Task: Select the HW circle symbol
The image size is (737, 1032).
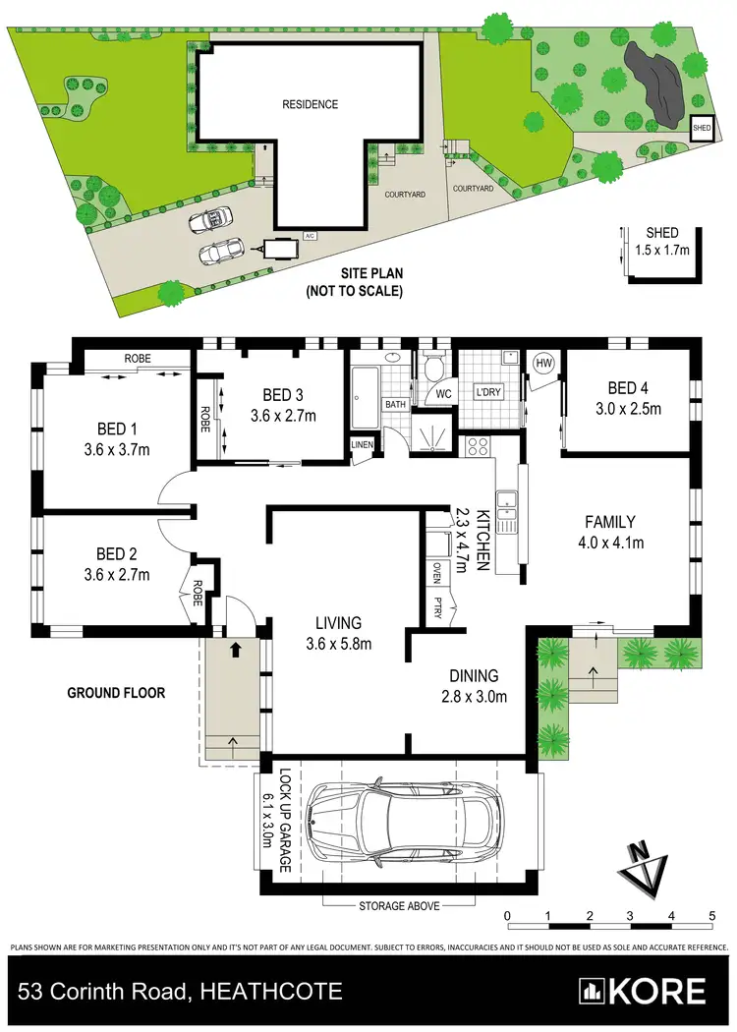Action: coord(543,364)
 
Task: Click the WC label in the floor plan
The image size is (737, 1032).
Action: coord(444,393)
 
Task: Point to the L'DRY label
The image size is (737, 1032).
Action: coord(488,392)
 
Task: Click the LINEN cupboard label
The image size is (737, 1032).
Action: coord(363,446)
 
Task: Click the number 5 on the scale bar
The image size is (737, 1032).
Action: coord(711,916)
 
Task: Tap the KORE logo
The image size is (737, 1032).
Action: coord(643,991)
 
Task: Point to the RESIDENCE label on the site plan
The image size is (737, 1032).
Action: coord(310,104)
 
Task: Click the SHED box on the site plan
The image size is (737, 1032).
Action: coord(702,129)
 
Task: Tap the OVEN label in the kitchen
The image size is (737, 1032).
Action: coord(436,572)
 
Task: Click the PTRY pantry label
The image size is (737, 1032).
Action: coord(436,607)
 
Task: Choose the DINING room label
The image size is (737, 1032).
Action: coord(475,676)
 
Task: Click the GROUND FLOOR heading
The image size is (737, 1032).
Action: coord(116,693)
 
